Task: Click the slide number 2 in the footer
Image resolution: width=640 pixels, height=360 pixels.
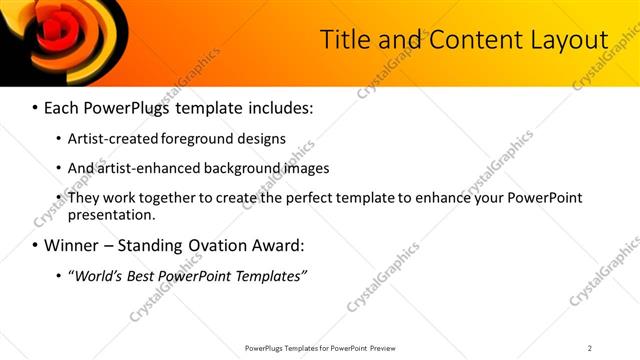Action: coord(590,348)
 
